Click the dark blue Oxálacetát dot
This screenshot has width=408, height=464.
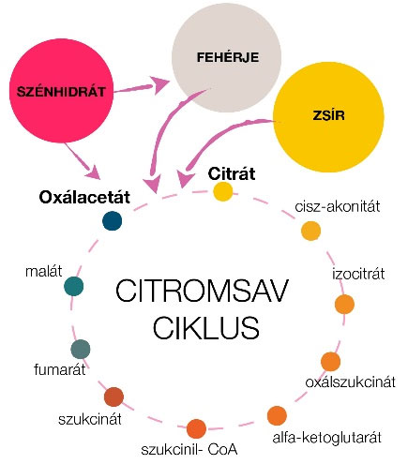point(112,221)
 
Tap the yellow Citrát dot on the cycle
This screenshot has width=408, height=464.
point(223,191)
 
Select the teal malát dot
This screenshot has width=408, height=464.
point(74,286)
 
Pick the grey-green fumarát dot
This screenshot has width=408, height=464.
point(81,349)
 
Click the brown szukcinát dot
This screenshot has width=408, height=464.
point(113,397)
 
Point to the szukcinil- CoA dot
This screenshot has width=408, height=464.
point(196,428)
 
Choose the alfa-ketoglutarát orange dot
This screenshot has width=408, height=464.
point(277,416)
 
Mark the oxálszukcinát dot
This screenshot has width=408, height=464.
point(330,362)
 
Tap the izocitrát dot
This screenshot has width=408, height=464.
point(344,304)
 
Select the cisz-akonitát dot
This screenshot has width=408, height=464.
point(311,231)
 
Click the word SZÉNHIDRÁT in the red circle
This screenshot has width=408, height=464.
point(61,92)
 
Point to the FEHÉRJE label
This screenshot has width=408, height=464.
point(228,57)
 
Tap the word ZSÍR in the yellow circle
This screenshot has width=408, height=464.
point(328,115)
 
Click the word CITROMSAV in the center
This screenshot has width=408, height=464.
point(202,292)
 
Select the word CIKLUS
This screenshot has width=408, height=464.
point(206,328)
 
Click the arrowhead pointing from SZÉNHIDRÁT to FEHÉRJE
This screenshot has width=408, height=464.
point(160,84)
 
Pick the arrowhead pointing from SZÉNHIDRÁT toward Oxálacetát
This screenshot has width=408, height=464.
point(94,172)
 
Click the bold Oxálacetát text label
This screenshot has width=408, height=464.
point(84,198)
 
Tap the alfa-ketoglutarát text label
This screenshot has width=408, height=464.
point(327,438)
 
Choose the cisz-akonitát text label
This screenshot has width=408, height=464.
point(338,206)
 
